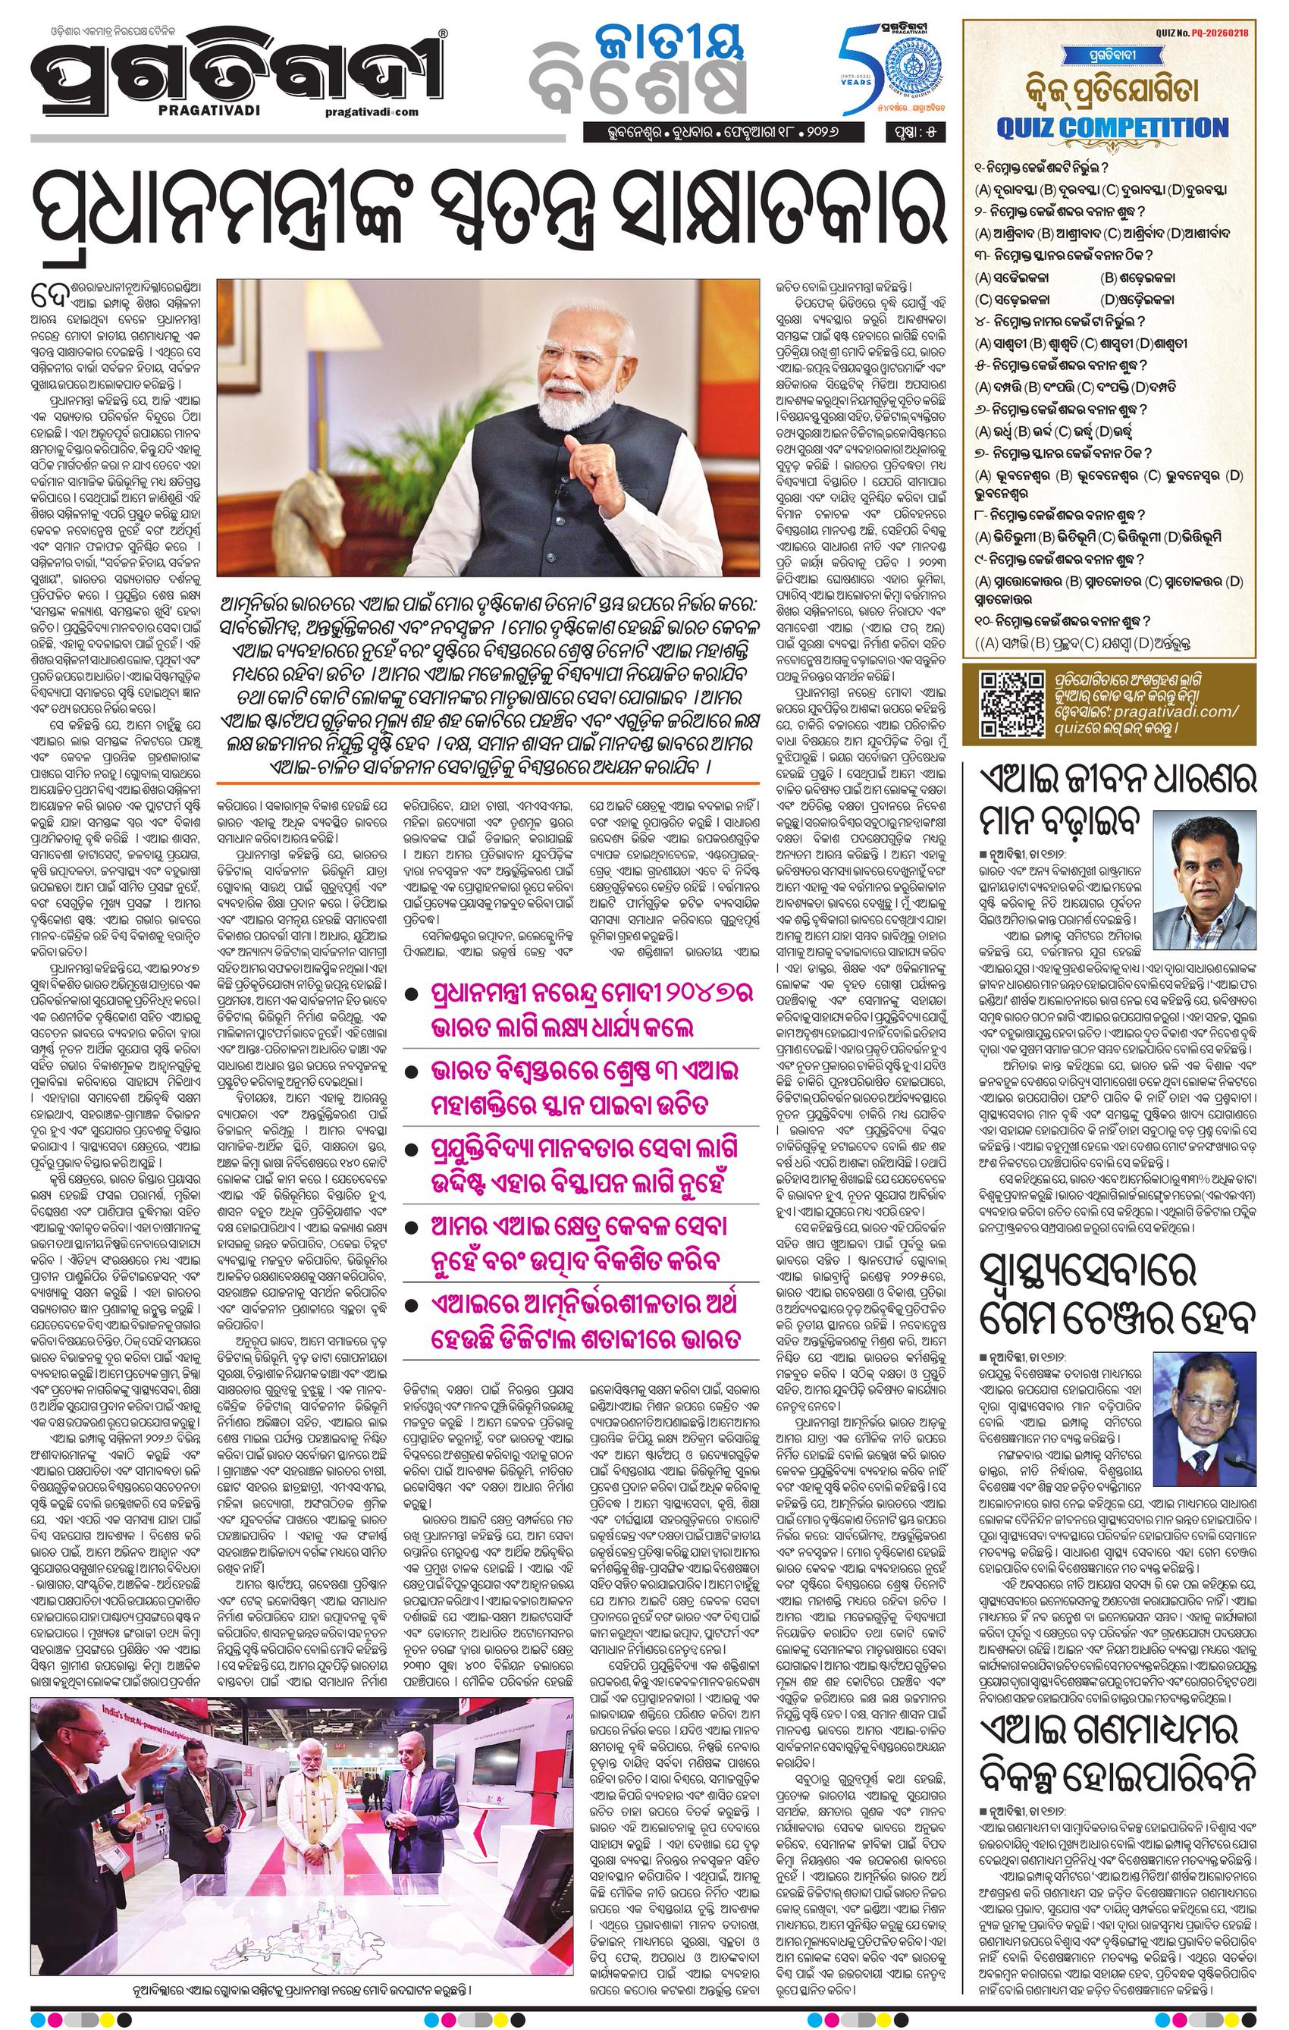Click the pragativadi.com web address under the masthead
point(371,112)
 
